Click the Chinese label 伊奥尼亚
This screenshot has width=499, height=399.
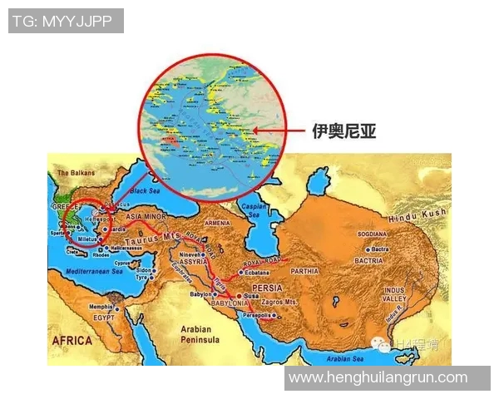coord(343,131)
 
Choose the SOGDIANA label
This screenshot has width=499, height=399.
coord(372,235)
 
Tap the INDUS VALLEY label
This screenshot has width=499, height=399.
coord(394,294)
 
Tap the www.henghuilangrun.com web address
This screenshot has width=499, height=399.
coord(378,377)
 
